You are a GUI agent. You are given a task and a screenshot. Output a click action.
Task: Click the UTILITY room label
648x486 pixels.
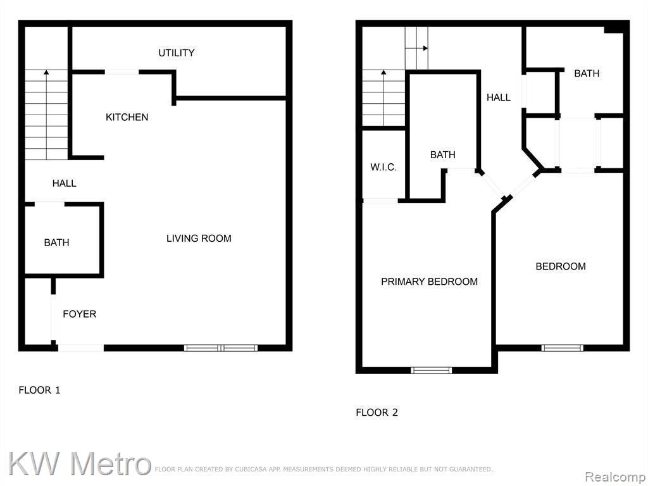tap(176, 53)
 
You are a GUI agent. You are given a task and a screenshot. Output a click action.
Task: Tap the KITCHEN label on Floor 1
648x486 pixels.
tap(127, 117)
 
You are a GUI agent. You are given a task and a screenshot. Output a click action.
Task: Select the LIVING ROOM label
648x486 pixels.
tap(199, 239)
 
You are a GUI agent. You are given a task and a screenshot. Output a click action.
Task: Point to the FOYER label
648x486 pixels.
tap(79, 314)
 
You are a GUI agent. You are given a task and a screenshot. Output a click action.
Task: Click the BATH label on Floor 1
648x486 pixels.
tap(56, 242)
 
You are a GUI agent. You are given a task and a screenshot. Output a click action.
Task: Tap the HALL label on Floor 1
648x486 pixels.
tap(64, 183)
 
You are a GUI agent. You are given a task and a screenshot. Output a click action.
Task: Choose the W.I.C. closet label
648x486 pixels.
tap(383, 167)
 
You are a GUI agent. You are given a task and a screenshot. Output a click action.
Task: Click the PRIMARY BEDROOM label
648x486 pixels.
tap(430, 282)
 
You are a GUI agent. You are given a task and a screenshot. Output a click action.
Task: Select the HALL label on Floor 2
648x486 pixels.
tap(499, 97)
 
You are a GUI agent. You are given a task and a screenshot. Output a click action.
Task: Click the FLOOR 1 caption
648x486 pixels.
tap(40, 390)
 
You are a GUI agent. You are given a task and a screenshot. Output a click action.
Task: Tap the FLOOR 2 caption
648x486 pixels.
tap(377, 413)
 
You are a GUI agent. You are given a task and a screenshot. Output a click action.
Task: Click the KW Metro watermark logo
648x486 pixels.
tap(79, 463)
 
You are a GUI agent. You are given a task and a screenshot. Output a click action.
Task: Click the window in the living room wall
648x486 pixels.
tap(221, 348)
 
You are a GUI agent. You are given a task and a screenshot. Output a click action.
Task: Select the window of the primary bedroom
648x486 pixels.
tap(431, 370)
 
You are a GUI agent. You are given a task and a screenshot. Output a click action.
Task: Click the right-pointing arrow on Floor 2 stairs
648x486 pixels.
tap(416, 48)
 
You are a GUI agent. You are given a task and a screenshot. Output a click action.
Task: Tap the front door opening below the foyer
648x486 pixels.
tap(80, 348)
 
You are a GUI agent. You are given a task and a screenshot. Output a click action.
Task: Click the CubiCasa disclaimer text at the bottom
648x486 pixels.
tap(323, 470)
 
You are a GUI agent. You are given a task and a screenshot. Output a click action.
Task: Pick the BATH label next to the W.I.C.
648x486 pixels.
tap(442, 155)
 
